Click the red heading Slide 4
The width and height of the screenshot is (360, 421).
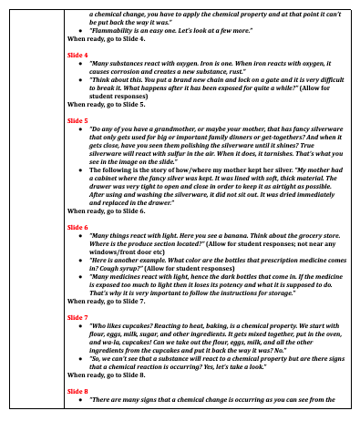tap(77, 55)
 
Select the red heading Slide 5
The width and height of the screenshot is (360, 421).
tap(77, 119)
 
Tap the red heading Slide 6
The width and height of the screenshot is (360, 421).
tap(77, 252)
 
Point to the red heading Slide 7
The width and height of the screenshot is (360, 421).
tap(77, 316)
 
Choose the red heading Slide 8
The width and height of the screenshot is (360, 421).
tap(77, 389)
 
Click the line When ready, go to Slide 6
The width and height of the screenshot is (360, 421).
tap(106, 236)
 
